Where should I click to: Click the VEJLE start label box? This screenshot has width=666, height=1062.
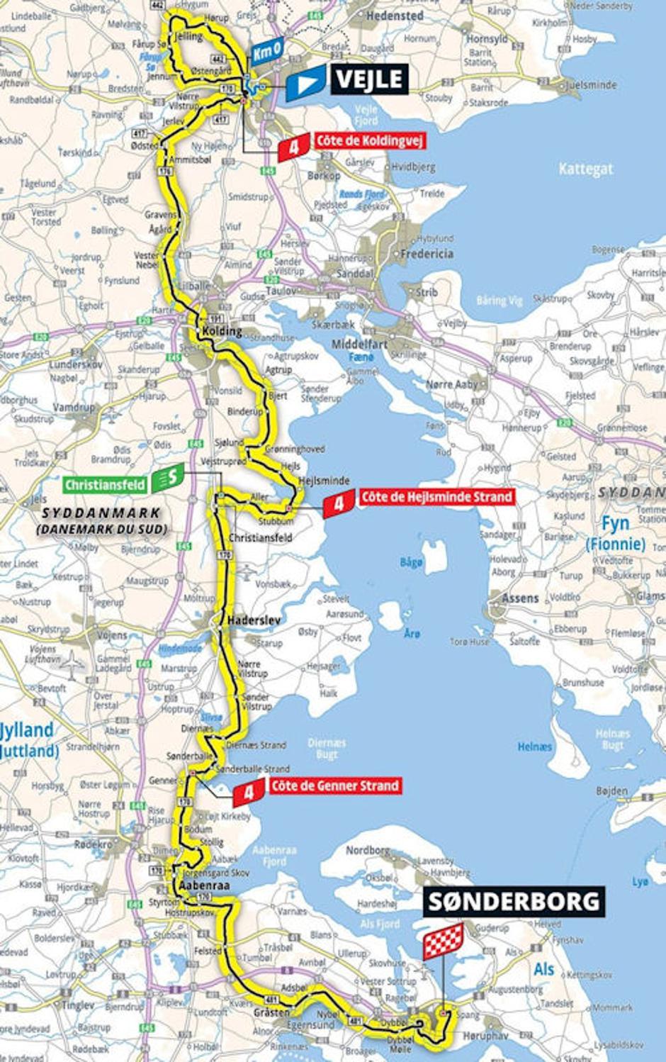pyautogui.click(x=368, y=79)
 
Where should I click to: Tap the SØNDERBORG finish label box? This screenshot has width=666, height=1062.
pyautogui.click(x=514, y=901)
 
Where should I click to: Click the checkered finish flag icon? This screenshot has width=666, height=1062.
pyautogui.click(x=444, y=941)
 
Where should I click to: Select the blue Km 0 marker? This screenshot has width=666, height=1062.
pyautogui.click(x=266, y=52)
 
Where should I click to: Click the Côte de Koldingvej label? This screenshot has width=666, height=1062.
pyautogui.click(x=369, y=140)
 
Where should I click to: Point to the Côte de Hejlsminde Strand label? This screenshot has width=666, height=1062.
pyautogui.click(x=436, y=497)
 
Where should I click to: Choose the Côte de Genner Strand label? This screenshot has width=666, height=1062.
pyautogui.click(x=334, y=786)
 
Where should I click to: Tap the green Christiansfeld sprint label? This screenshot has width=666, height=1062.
pyautogui.click(x=106, y=485)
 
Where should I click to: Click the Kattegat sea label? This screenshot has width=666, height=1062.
pyautogui.click(x=585, y=169)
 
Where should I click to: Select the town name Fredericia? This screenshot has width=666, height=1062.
pyautogui.click(x=427, y=253)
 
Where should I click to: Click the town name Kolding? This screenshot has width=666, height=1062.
pyautogui.click(x=222, y=331)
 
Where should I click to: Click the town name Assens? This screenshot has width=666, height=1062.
pyautogui.click(x=520, y=598)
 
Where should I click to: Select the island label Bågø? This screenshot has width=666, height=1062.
pyautogui.click(x=411, y=562)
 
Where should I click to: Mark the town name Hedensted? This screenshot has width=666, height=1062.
pyautogui.click(x=395, y=15)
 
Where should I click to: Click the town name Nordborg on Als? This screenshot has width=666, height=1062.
pyautogui.click(x=368, y=850)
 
